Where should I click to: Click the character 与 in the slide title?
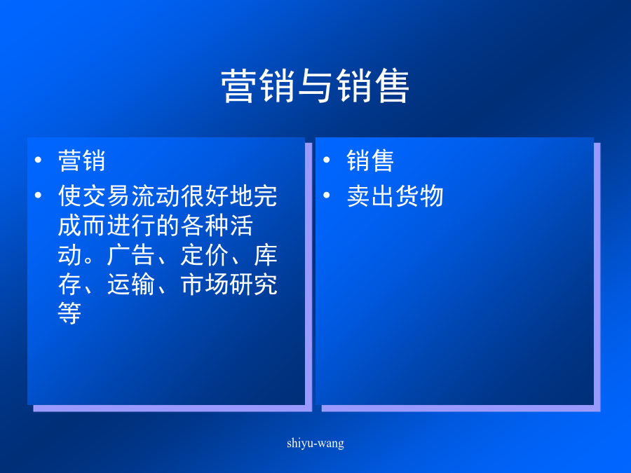[315, 85]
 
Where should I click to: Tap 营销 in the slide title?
[258, 85]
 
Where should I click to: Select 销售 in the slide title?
[372, 85]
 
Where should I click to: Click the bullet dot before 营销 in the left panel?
[39, 160]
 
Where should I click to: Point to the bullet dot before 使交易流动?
[39, 196]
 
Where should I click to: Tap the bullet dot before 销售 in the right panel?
[326, 160]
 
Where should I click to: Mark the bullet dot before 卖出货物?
[326, 196]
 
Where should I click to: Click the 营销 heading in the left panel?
[82, 160]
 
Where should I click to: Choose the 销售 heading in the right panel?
[370, 160]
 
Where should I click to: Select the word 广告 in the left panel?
[131, 254]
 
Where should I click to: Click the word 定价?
[205, 254]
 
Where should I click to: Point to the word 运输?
[131, 285]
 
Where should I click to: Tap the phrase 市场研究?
[229, 285]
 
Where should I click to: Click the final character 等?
[69, 313]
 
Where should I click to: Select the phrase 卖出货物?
[395, 196]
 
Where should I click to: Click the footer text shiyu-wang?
[315, 444]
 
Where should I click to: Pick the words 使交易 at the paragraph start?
[94, 196]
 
